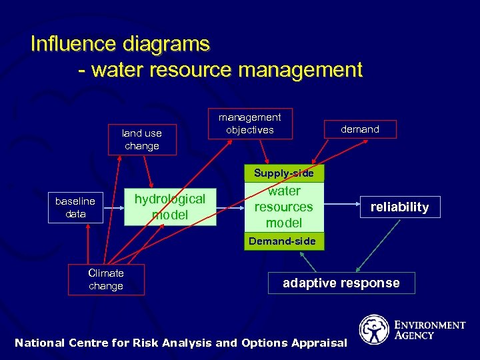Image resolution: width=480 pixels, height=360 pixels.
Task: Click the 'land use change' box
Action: pos(142,140)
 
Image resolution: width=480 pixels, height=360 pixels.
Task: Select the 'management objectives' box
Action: pos(250,123)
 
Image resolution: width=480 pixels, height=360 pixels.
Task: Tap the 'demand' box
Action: pos(360,129)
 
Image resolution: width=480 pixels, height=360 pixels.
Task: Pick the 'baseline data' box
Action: pos(75,207)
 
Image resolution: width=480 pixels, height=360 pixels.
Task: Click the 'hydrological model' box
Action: pos(170,207)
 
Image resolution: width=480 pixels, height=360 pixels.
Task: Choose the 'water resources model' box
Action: pos(284,207)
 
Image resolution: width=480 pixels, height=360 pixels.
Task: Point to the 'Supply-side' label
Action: pos(283,173)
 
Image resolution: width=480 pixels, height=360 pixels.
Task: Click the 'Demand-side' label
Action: pos(282,241)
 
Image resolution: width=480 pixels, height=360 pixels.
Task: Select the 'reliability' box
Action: pos(400,207)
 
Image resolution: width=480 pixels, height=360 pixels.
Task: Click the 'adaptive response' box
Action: pos(341,283)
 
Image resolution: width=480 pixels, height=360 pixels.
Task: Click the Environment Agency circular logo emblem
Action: pos(374,329)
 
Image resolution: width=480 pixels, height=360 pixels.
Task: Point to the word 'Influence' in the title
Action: pos(73,44)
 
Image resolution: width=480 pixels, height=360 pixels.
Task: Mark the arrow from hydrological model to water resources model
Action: pos(231,207)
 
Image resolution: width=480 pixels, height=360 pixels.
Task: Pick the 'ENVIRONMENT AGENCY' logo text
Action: pos(430,330)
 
